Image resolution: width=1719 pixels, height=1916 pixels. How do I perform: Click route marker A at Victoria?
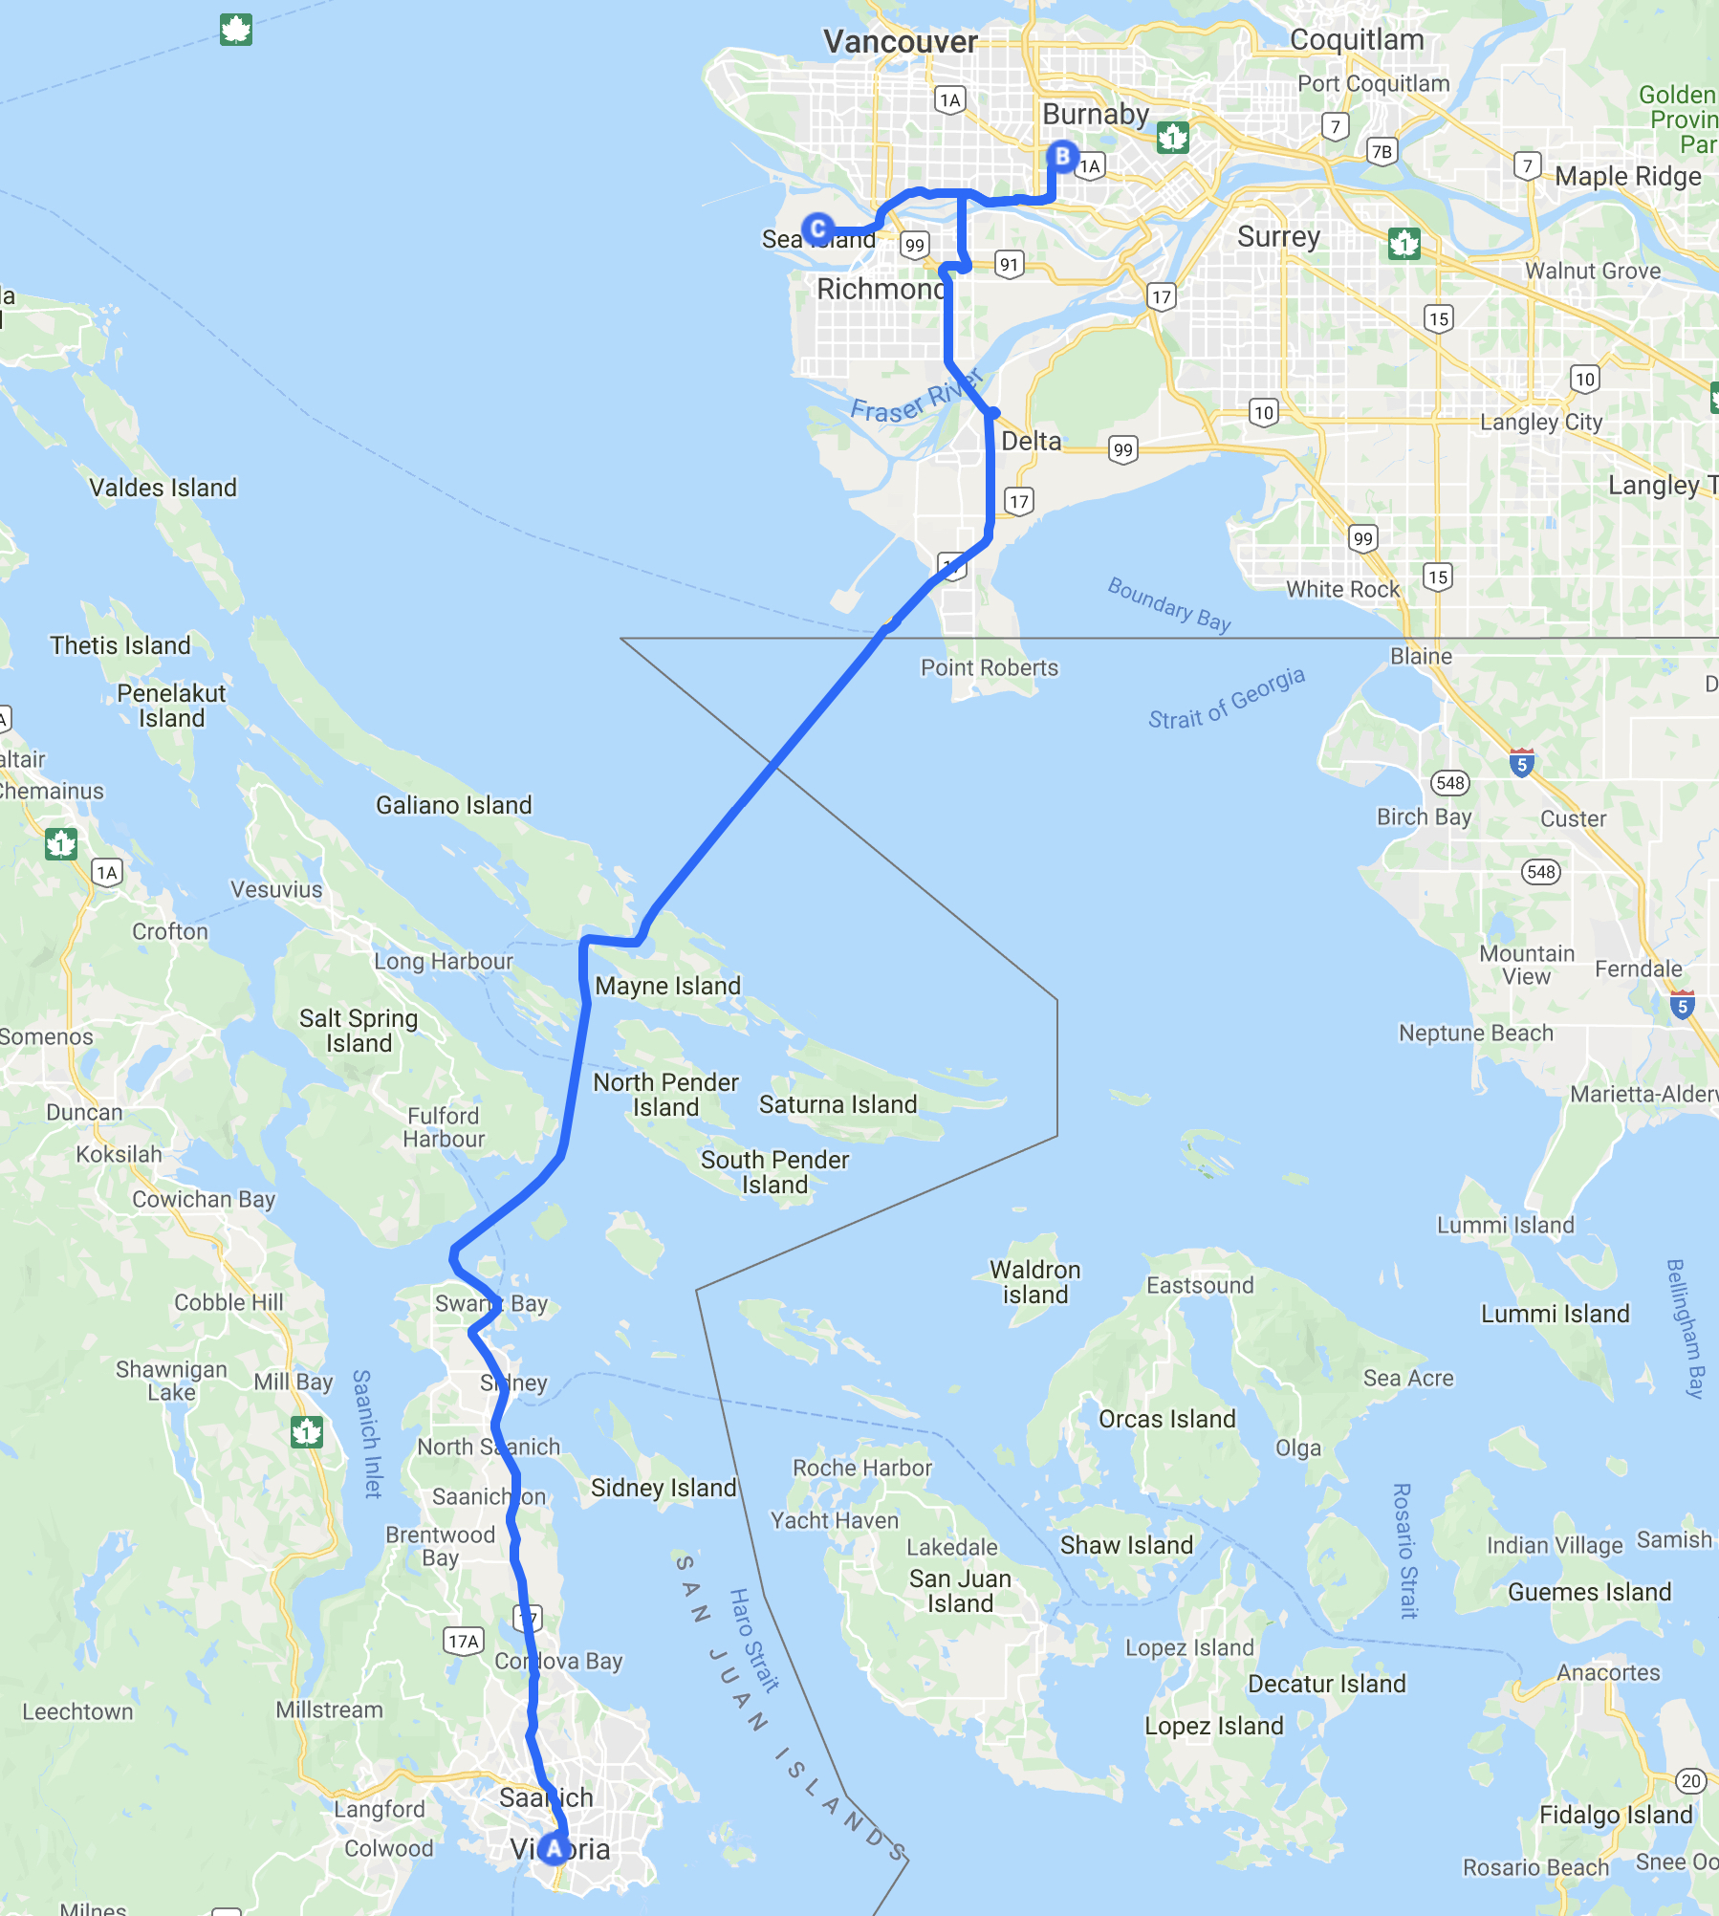click(554, 1848)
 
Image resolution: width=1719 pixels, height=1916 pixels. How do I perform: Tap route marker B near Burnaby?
click(1061, 155)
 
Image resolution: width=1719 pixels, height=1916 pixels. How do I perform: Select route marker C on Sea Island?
click(817, 229)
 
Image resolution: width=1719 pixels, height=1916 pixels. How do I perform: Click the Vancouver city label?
click(900, 42)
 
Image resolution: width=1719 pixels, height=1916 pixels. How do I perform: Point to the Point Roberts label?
click(990, 667)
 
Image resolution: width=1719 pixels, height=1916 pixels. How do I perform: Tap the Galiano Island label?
click(453, 805)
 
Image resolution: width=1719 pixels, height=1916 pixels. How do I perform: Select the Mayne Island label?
click(667, 986)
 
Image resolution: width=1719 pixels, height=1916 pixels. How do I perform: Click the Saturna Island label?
click(838, 1104)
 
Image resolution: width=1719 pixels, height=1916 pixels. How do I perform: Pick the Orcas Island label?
click(1166, 1419)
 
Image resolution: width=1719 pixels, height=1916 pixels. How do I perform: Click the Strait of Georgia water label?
click(1226, 698)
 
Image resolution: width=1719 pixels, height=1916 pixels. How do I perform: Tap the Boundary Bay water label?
click(1168, 604)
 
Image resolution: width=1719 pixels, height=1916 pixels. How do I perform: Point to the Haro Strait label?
click(754, 1640)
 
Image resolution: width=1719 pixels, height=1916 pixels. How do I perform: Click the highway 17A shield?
click(464, 1641)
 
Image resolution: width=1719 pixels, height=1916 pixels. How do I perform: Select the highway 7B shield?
click(1382, 151)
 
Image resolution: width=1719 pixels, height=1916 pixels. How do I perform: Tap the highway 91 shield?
click(1009, 264)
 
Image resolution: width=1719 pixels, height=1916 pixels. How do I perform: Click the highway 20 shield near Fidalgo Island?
click(1690, 1780)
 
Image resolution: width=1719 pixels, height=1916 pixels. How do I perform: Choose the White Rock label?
click(1342, 589)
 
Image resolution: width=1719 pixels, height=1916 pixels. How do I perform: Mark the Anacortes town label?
click(1608, 1672)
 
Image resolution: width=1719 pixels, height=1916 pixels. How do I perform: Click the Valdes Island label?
click(163, 488)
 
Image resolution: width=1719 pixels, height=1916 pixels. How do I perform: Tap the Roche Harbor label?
click(861, 1468)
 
